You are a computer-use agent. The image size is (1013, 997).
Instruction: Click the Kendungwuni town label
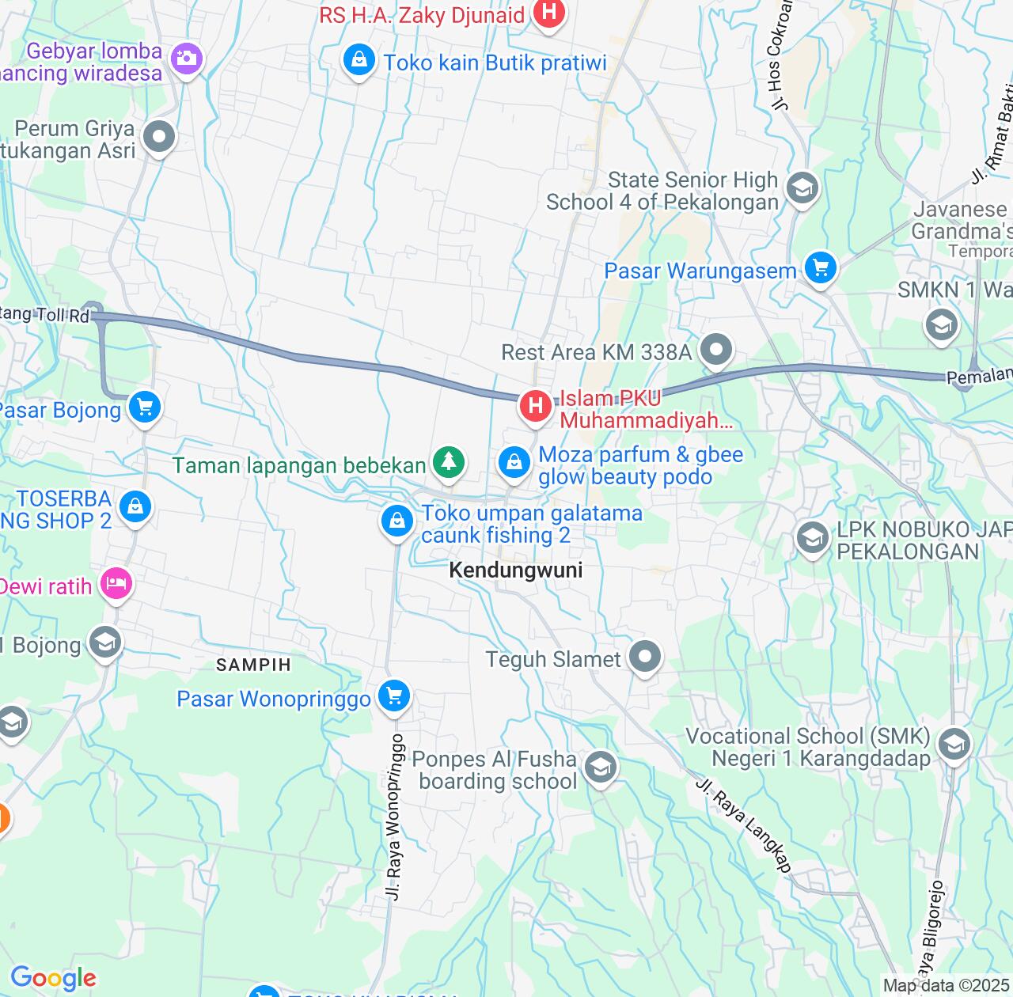coord(515,571)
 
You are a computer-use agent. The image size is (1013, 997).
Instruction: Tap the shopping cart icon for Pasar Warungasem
coord(821,268)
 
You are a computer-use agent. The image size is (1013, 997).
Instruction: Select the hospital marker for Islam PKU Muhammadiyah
coord(536,406)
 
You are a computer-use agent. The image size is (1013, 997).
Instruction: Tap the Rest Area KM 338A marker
coord(716,349)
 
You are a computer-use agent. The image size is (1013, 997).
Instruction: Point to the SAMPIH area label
coord(254,665)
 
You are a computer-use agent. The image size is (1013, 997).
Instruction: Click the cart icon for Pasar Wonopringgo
coord(394,696)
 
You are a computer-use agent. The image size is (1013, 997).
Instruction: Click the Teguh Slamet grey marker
coord(645,656)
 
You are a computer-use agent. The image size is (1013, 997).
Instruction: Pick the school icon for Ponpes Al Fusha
coord(601,767)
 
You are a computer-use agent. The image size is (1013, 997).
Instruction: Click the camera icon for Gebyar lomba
coord(187,58)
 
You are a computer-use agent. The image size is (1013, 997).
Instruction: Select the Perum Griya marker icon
coord(160,137)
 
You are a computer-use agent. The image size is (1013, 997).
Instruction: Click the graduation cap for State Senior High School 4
coord(802,188)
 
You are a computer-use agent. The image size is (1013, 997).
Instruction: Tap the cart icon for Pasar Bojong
coord(145,408)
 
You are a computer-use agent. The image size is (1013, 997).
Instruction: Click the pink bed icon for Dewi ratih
coord(116,585)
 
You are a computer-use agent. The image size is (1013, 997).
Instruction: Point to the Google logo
coord(53,978)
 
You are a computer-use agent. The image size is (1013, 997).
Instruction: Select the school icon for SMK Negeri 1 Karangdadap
coord(954,745)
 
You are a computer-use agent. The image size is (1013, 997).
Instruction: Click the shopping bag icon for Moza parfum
coord(514,462)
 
